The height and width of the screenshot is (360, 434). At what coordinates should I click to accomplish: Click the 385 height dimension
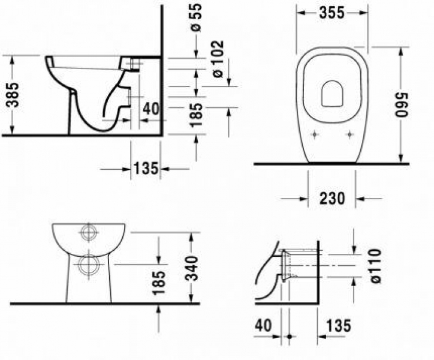(x=13, y=95)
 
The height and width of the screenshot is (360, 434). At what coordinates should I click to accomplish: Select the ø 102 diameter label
(x=218, y=59)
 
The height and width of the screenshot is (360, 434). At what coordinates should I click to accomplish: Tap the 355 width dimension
(x=332, y=13)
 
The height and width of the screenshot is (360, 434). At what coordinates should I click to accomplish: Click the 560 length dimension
(x=402, y=104)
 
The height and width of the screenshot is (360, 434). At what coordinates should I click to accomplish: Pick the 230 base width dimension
(x=332, y=199)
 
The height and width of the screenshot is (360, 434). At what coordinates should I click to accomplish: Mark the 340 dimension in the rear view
(x=192, y=268)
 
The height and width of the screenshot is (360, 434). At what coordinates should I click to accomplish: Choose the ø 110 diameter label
(x=376, y=266)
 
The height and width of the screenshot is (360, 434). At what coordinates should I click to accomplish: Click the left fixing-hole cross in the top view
(x=315, y=134)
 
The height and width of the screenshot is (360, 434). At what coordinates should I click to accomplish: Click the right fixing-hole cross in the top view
(x=350, y=134)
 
